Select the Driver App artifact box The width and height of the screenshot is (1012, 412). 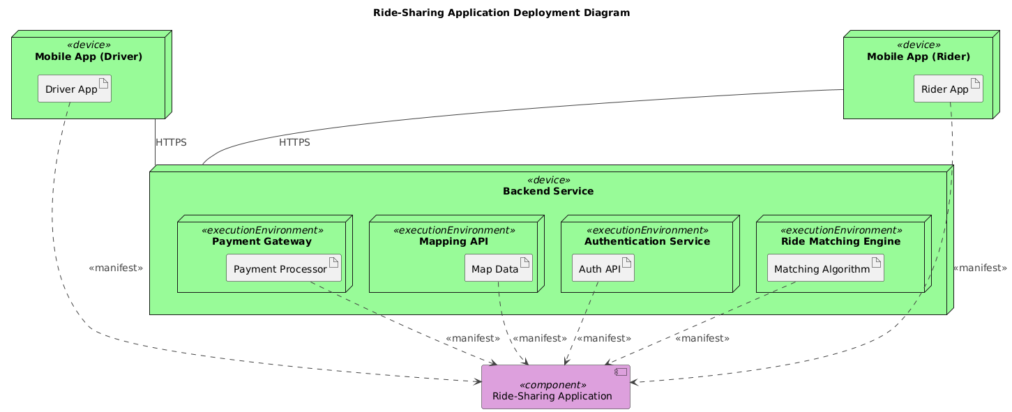tap(75, 89)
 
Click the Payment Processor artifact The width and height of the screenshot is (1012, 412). tap(284, 269)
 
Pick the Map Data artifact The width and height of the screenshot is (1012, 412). tap(499, 269)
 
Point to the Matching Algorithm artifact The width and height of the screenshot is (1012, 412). tap(825, 269)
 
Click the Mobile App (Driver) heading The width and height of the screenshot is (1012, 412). tap(88, 56)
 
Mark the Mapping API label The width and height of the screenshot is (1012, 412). tap(453, 241)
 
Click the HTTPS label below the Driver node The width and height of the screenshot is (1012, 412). tap(171, 142)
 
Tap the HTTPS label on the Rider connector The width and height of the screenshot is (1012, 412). tap(294, 142)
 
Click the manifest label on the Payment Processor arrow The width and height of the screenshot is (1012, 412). tap(472, 338)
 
